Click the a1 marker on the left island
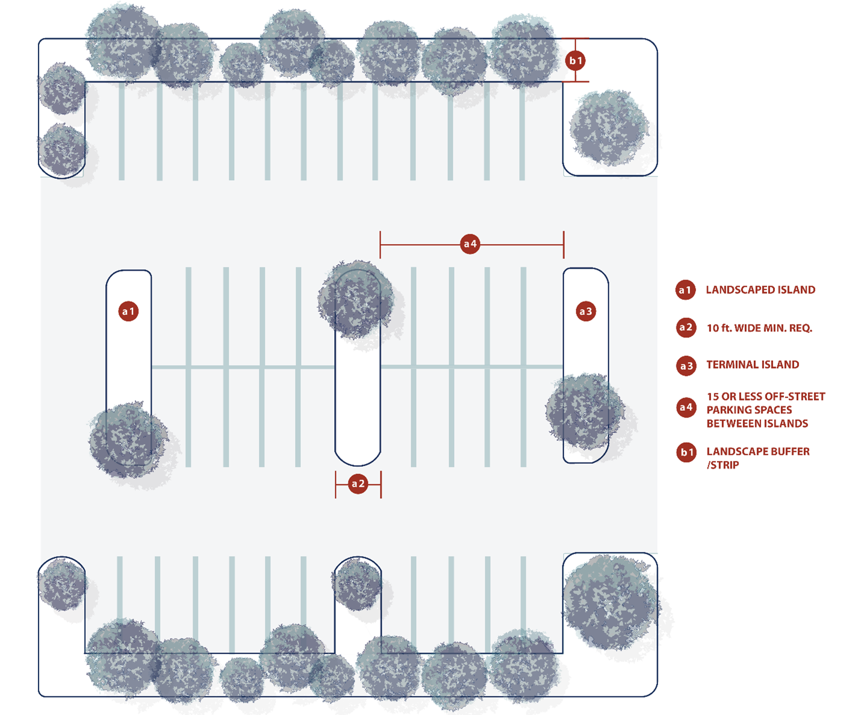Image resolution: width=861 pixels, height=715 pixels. [x=128, y=311]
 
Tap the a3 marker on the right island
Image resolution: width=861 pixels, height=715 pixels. [x=585, y=311]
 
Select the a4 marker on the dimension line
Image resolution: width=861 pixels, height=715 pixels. [x=470, y=244]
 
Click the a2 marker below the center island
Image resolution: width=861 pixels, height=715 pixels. [x=358, y=484]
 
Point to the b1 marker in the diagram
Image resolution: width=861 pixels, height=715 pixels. [x=576, y=60]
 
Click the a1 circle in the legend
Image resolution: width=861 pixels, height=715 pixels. [x=685, y=290]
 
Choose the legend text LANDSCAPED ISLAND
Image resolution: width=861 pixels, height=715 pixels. [x=760, y=290]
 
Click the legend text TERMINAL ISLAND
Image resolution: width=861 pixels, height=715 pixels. [x=753, y=364]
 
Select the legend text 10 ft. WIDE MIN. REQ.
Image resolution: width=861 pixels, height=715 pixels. [x=759, y=328]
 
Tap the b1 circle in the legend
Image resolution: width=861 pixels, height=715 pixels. [x=686, y=452]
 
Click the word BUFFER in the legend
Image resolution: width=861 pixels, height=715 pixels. [x=788, y=452]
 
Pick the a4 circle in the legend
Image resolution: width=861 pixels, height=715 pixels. [x=686, y=408]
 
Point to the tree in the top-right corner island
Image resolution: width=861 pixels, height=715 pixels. [x=609, y=128]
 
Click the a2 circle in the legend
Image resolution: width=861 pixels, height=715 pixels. [x=686, y=328]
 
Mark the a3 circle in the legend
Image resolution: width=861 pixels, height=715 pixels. [x=686, y=366]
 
